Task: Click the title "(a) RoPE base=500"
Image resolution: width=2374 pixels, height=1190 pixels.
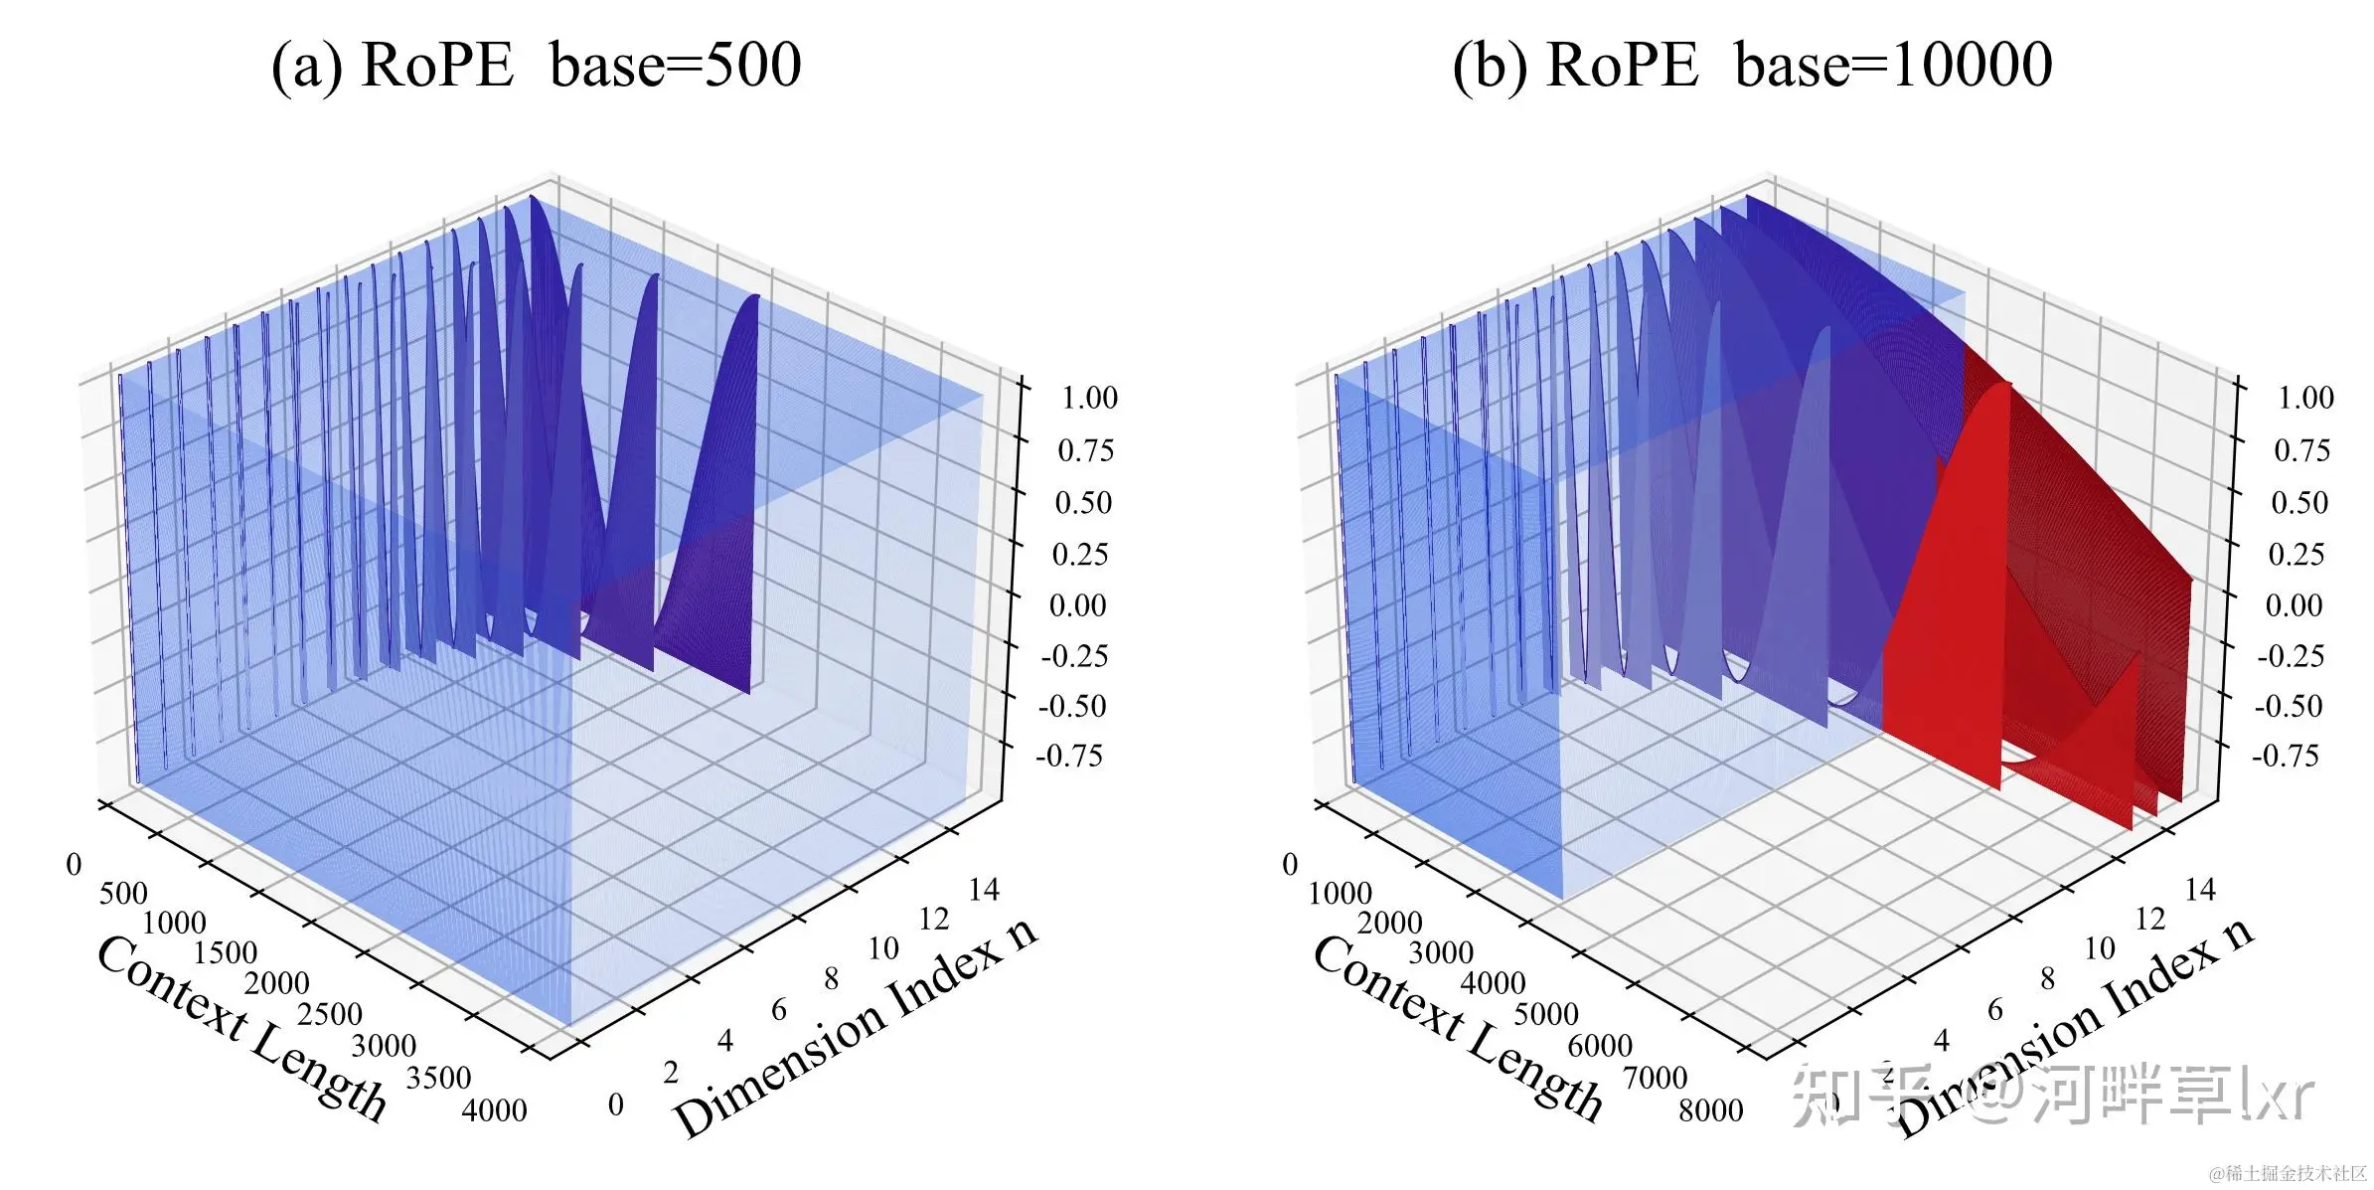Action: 536,66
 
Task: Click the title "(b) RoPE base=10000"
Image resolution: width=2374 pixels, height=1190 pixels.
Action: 1752,66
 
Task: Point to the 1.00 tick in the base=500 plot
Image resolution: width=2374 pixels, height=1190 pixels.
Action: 1089,398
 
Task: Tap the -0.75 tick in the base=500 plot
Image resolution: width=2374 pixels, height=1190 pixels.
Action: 1069,756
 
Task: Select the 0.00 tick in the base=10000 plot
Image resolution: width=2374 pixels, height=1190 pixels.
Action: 2294,604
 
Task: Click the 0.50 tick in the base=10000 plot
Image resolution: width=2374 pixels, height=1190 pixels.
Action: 2299,502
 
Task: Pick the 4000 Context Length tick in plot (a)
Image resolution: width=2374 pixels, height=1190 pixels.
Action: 494,1109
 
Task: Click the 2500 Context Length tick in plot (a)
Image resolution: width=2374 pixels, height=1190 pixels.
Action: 330,1014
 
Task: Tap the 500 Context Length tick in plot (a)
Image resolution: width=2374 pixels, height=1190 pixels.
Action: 123,893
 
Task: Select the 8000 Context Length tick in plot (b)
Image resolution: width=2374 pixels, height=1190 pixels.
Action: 1710,1109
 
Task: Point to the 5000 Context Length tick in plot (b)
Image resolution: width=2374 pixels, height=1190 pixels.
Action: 1545,1014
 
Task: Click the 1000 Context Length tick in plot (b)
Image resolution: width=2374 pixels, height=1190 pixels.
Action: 1340,893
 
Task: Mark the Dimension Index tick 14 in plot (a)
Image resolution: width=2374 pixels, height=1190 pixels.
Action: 983,889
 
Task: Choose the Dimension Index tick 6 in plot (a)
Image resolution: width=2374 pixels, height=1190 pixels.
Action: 779,1010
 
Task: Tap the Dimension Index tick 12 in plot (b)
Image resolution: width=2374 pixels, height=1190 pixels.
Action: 2149,919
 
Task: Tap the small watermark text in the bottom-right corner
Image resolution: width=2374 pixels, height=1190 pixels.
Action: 2288,1174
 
